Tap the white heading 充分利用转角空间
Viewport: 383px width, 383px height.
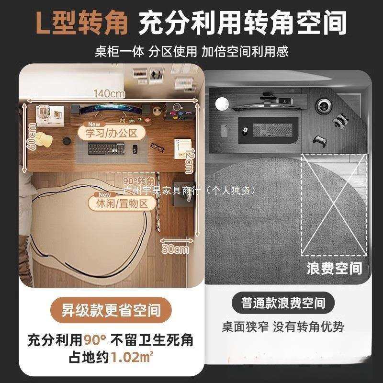pos(242,23)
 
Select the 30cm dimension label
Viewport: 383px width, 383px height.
pos(174,249)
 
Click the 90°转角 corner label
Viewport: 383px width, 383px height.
pos(139,181)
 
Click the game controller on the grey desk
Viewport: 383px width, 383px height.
pos(319,141)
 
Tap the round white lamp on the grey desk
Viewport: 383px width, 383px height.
pos(221,104)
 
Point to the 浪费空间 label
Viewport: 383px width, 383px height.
pos(334,268)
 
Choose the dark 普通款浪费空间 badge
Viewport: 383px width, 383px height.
pos(284,303)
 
